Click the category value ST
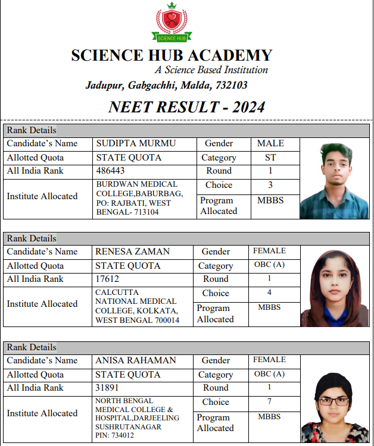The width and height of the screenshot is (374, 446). [x=270, y=158]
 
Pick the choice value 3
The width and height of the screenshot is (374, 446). [x=270, y=185]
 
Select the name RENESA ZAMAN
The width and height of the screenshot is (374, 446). [x=132, y=252]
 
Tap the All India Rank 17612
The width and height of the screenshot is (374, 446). [x=107, y=279]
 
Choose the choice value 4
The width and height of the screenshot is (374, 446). [x=269, y=293]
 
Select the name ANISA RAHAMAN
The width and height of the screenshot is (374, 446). [x=136, y=360]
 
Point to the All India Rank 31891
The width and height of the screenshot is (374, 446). [x=108, y=388]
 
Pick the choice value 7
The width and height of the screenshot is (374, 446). [x=269, y=401]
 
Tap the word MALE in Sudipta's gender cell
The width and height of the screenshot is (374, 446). [x=270, y=143]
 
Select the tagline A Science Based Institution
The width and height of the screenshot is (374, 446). [x=211, y=70]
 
